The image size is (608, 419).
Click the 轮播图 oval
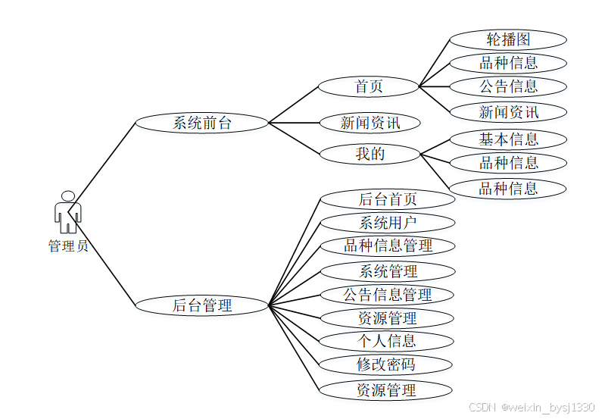point(508,39)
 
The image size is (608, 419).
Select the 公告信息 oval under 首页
point(508,86)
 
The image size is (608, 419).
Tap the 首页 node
point(369,86)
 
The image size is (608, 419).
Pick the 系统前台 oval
point(201,123)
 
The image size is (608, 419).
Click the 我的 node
point(370,154)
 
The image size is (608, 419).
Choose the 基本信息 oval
point(508,139)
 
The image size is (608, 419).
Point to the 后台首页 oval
point(388,199)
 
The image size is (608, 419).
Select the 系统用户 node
point(388,223)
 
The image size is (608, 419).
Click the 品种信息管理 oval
point(388,246)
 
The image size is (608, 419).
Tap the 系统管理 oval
point(388,270)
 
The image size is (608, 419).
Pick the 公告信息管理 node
point(388,294)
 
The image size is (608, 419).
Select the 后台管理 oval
point(201,305)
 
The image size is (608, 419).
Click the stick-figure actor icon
point(67,212)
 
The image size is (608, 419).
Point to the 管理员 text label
point(68,246)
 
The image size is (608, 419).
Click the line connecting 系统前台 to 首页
point(294,105)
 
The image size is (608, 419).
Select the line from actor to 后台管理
point(106,261)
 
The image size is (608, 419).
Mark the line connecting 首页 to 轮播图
point(435,62)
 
